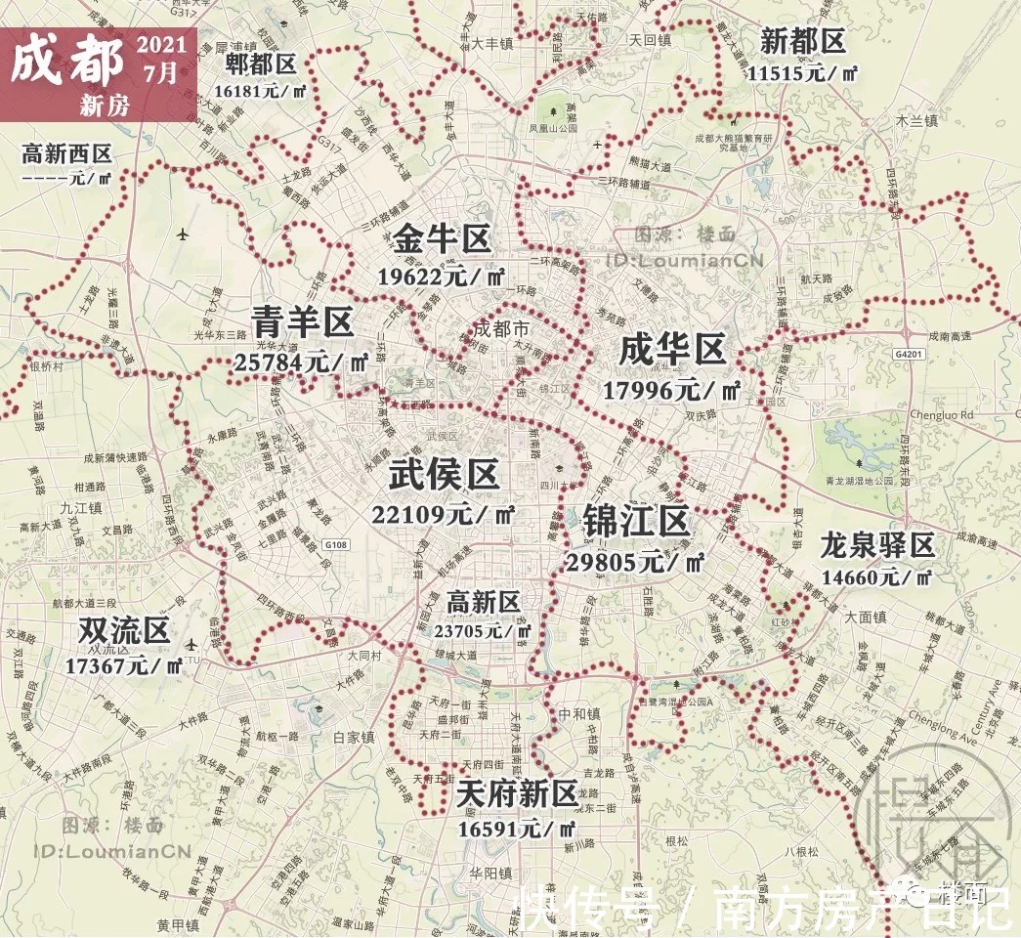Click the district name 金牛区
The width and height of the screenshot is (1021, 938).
[444, 238]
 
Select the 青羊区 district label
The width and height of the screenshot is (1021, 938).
[303, 321]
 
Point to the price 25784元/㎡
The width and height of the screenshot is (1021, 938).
[301, 362]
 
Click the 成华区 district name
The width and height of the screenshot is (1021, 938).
[673, 350]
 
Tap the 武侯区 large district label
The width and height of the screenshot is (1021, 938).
[445, 476]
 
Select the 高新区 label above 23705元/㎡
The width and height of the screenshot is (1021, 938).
[483, 601]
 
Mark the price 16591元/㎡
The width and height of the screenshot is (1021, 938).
[517, 829]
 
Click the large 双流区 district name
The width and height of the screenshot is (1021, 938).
[124, 631]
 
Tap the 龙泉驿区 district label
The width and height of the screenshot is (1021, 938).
[878, 545]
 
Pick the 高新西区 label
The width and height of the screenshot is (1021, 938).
[66, 153]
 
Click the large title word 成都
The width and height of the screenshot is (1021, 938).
[67, 63]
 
